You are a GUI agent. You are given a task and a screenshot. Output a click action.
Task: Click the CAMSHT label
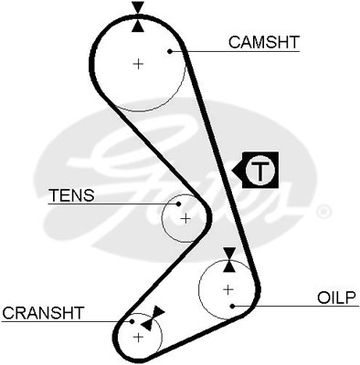coord(264,42)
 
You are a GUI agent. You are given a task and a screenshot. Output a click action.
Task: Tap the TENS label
coord(72,195)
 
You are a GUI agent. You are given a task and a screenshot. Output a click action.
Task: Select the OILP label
coord(336,297)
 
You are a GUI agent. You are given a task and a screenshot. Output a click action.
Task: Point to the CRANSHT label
coord(43,313)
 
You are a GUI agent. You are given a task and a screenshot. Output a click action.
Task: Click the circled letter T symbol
coord(260,170)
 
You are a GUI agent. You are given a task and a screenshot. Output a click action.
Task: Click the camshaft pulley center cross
coord(139,64)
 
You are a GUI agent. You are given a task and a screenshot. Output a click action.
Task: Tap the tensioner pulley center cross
coord(185,219)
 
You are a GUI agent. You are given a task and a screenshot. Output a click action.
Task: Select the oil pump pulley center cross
coord(228,289)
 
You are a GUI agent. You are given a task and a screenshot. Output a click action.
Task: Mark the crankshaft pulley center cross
coord(139,337)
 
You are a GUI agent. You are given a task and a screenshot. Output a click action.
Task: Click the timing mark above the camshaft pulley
coord(138,16)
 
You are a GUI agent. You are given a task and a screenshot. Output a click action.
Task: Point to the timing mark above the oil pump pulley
coord(229,260)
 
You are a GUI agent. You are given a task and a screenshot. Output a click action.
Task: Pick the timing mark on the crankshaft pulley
coord(153,318)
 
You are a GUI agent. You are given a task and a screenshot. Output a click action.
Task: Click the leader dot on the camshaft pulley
coord(170,51)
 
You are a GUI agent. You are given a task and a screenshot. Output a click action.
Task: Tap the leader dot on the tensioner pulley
coord(179,203)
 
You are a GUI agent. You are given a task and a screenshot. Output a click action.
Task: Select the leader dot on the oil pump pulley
coord(232,306)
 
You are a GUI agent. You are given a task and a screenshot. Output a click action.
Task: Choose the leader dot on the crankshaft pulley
coord(132,321)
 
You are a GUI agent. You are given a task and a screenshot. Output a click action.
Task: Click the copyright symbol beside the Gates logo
coord(323,213)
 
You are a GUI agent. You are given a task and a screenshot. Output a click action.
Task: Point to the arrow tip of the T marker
coord(232,170)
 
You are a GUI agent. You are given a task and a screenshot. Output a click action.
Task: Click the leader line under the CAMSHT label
coord(235,51)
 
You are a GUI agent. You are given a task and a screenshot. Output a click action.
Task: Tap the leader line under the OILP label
coord(296,306)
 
